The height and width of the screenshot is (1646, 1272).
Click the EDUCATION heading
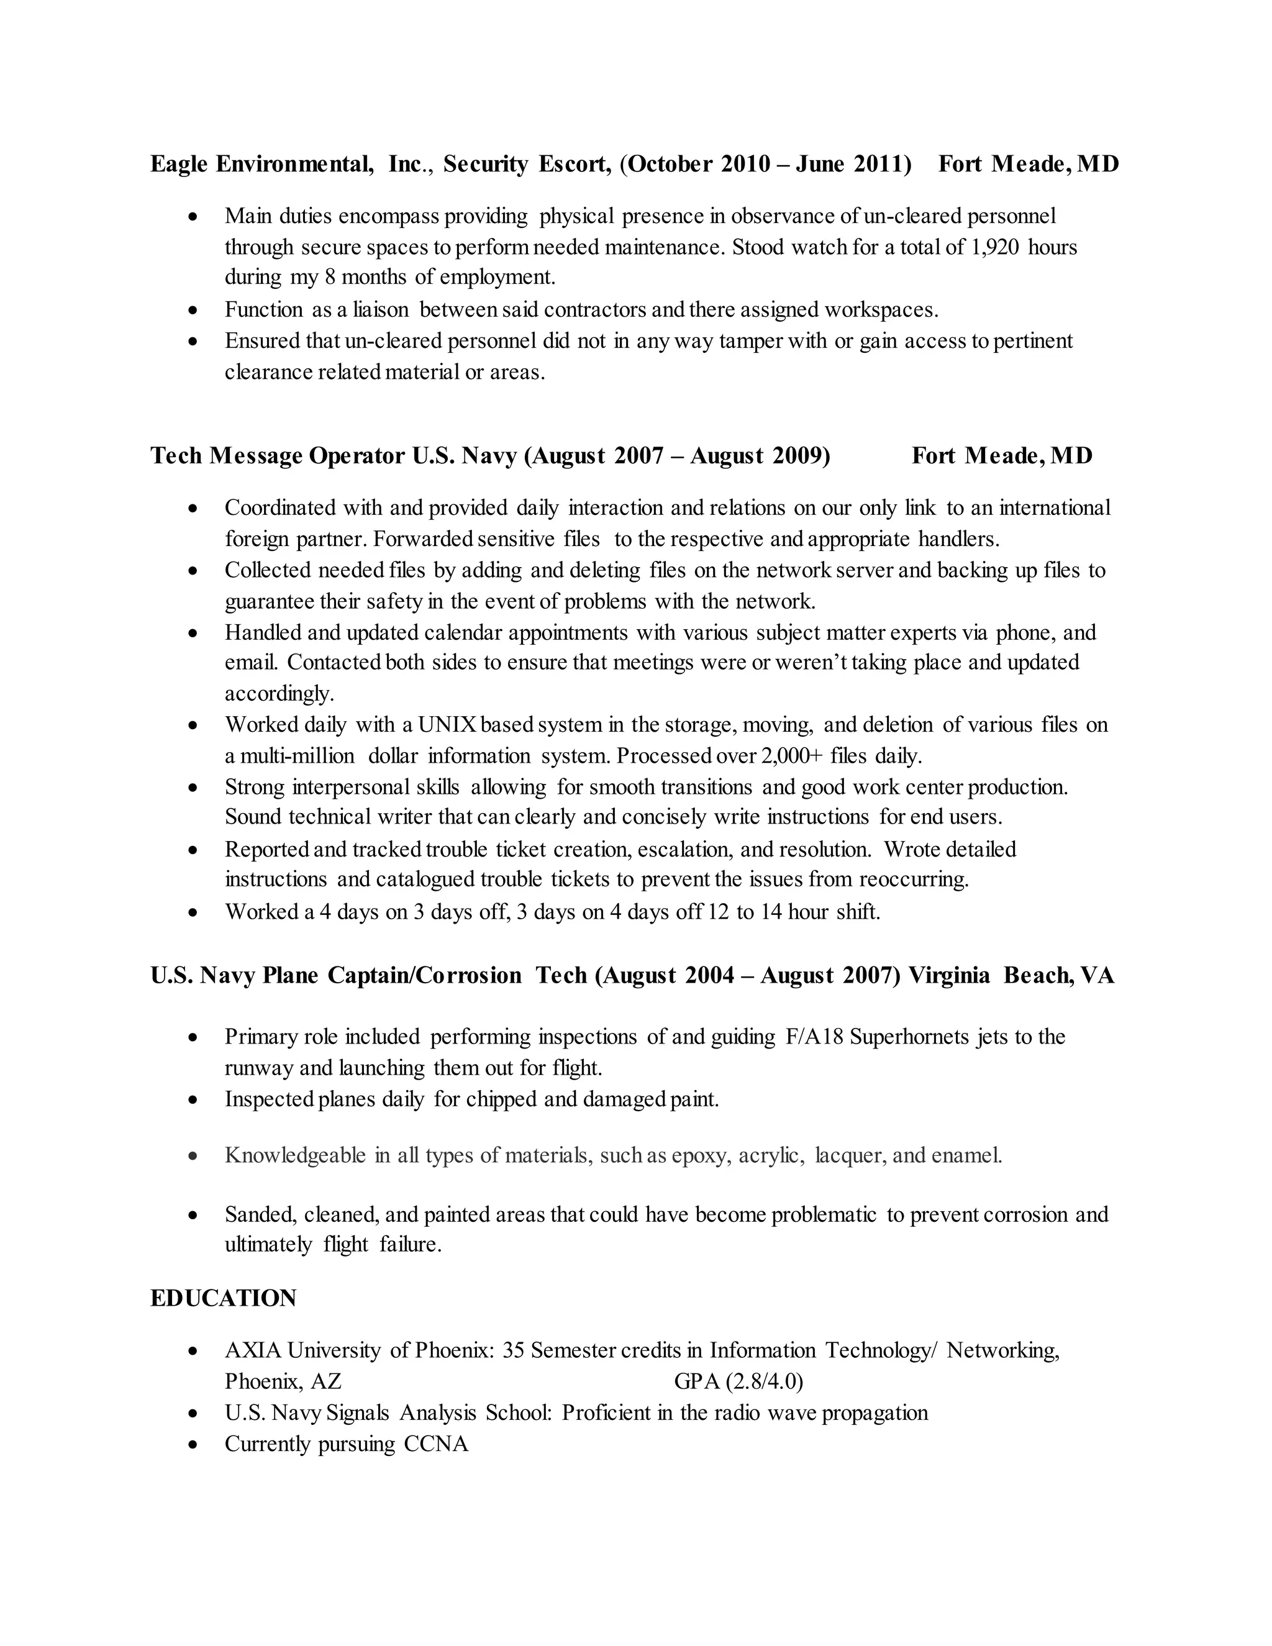(x=223, y=1298)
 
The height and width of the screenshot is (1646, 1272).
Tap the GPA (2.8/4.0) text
(x=738, y=1381)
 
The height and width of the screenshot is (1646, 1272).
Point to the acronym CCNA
(x=436, y=1444)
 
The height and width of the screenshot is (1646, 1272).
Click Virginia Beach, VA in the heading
(x=1011, y=975)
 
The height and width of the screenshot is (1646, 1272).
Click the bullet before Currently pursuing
(x=194, y=1445)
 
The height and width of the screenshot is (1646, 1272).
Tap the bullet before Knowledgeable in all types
(x=194, y=1155)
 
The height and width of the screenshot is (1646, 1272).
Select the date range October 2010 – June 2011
(x=765, y=163)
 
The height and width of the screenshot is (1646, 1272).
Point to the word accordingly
(x=279, y=693)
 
